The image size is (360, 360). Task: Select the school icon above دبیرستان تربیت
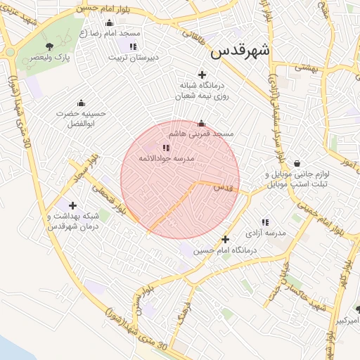[133, 46]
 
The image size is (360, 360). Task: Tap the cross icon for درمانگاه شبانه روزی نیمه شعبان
[202, 75]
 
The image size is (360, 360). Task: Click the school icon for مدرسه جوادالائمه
[166, 148]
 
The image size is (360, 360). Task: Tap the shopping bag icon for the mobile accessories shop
[298, 163]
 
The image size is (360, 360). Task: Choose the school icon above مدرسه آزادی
[265, 222]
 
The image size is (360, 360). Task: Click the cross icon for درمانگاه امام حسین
[225, 239]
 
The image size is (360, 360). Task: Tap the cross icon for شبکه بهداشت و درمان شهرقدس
[72, 205]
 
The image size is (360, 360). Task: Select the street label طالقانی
[195, 28]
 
